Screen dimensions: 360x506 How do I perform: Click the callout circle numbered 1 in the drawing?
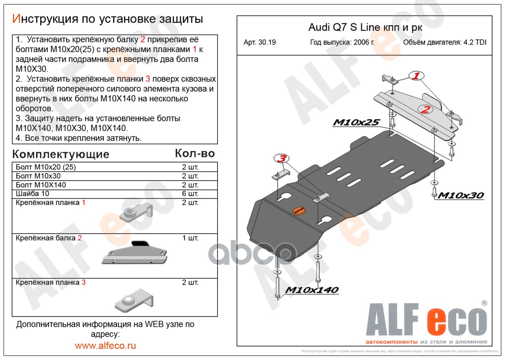click(x=416, y=76)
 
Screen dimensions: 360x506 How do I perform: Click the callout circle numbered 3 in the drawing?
click(x=281, y=158)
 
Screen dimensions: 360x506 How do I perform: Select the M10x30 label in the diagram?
click(x=461, y=195)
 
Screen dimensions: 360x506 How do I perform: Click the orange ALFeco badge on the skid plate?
click(x=299, y=210)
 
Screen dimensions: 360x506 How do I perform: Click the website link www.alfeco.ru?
click(x=105, y=346)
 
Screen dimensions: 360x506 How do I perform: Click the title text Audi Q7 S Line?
click(x=343, y=27)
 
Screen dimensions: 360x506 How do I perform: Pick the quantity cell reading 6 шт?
click(x=190, y=194)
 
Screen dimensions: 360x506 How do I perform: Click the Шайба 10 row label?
click(x=32, y=194)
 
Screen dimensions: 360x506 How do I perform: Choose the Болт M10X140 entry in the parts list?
click(x=41, y=185)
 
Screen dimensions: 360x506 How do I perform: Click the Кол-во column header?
click(x=194, y=153)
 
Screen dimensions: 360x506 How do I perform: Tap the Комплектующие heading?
click(x=61, y=154)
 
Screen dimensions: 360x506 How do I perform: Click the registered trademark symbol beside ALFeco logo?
click(x=484, y=303)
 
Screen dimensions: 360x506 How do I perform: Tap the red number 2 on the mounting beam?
click(x=425, y=108)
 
